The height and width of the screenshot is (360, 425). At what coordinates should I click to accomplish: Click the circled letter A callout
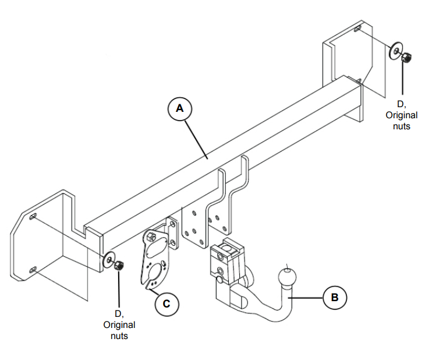point(179,108)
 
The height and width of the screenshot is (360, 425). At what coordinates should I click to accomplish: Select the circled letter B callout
point(335,297)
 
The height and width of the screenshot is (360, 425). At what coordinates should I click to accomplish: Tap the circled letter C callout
point(167,303)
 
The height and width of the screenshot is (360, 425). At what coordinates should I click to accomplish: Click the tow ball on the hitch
point(287,277)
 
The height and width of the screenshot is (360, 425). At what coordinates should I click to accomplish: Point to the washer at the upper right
point(396,51)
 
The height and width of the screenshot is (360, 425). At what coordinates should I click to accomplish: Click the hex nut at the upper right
point(406,57)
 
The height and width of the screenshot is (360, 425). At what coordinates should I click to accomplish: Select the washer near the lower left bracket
point(109,260)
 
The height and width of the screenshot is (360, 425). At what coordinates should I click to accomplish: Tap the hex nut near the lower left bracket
point(119,265)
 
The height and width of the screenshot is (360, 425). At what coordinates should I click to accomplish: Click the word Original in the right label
point(401,115)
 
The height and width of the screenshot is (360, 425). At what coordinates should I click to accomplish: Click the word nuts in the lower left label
point(119,336)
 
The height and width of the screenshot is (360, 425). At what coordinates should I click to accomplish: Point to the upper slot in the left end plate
point(33,216)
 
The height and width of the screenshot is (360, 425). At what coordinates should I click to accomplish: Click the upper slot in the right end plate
point(357,28)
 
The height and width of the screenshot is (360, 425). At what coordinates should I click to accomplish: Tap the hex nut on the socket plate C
point(150,237)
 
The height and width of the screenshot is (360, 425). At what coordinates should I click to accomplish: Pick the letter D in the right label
point(401,104)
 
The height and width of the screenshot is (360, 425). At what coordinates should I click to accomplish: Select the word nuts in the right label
point(402,126)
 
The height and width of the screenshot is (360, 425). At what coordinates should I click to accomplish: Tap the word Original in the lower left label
point(119,324)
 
